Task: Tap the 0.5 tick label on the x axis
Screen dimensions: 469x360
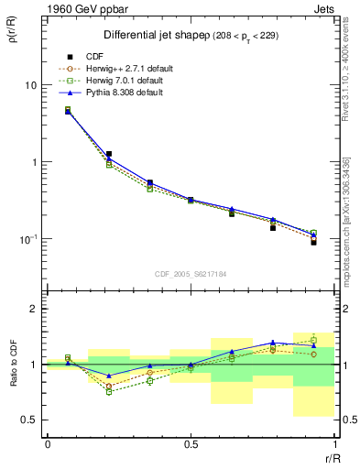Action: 191,442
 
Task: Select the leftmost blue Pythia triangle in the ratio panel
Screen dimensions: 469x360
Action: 68,363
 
